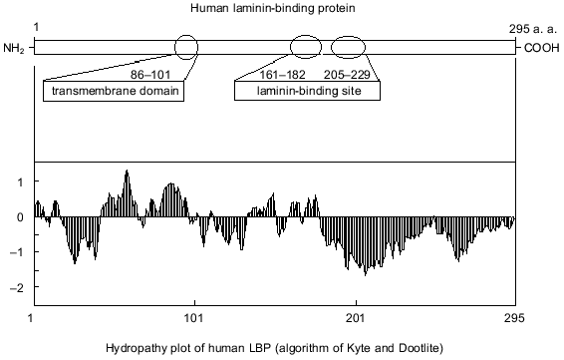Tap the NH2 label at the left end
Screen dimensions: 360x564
(14, 48)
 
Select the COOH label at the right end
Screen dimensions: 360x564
(539, 48)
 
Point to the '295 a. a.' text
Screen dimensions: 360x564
(534, 30)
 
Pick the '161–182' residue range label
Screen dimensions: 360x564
(287, 73)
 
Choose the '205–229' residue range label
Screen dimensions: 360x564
(349, 73)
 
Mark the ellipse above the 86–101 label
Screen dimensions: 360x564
(186, 47)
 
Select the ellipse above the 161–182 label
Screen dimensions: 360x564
(306, 47)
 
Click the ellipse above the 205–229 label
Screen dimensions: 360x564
(350, 47)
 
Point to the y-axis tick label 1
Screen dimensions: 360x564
(22, 181)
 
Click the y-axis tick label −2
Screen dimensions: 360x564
(19, 288)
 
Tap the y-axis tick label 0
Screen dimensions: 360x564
(22, 217)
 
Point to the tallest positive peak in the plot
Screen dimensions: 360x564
(127, 172)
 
